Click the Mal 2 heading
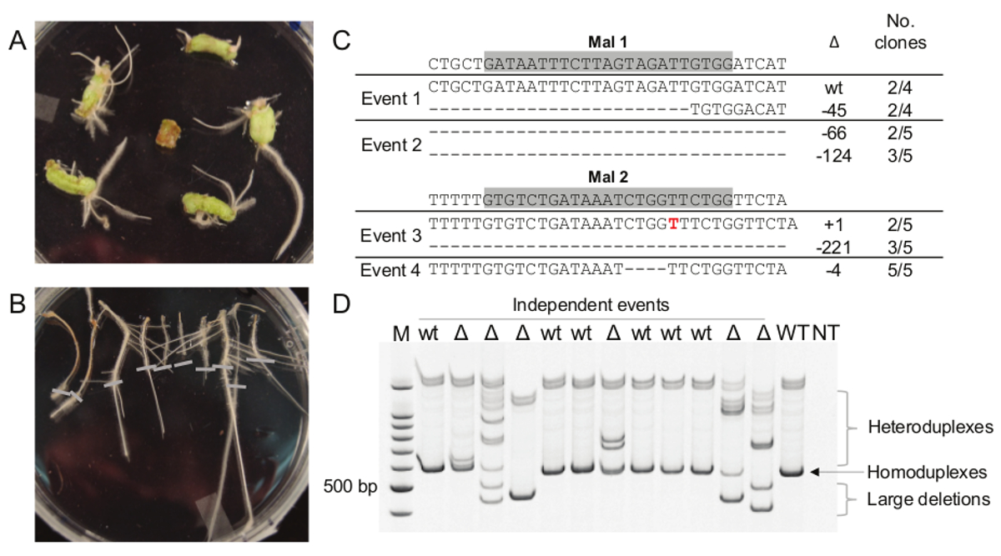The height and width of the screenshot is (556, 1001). pyautogui.click(x=607, y=178)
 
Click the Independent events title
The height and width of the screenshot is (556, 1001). pyautogui.click(x=591, y=305)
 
